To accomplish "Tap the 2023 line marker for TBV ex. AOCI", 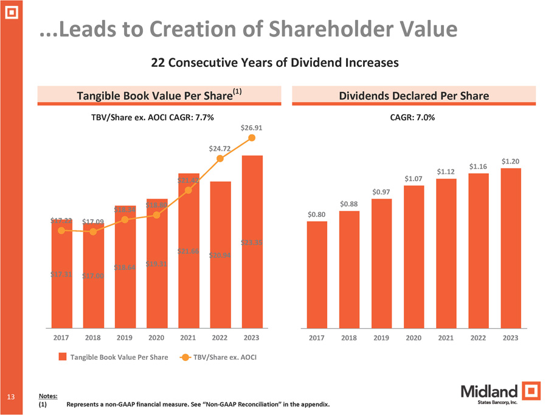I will pos(252,139).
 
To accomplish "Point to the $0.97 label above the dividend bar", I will pos(381,192).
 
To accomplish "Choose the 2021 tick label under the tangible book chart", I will pos(188,337).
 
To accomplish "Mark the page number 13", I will pos(10,397).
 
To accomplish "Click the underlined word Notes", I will pos(48,396).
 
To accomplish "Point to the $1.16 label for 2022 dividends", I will pos(479,166).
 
